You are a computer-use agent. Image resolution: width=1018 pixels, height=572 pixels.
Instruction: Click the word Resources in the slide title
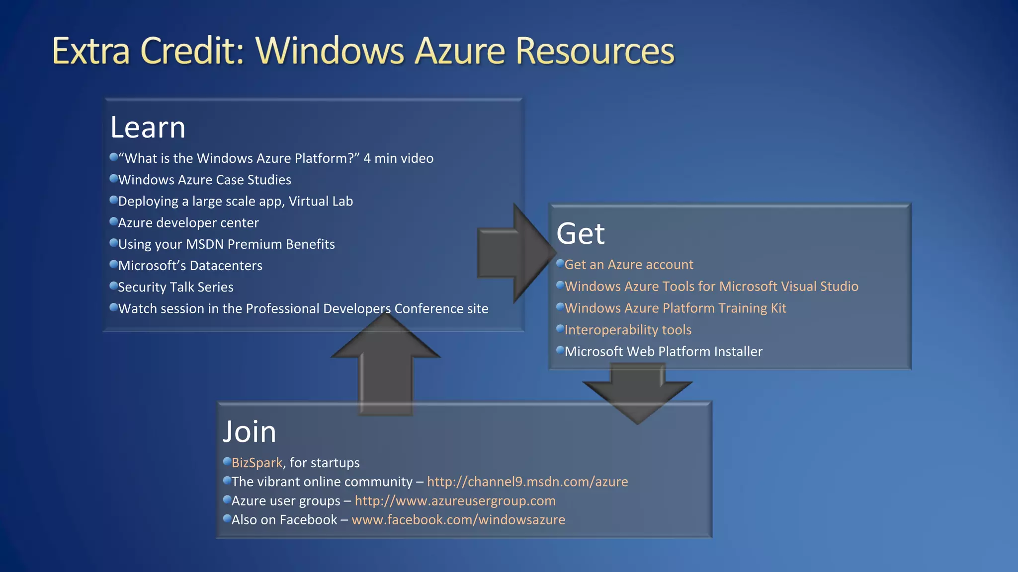pos(594,51)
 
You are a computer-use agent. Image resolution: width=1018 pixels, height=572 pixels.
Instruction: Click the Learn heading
pos(148,128)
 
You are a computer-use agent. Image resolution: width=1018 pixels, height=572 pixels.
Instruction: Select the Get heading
pos(580,234)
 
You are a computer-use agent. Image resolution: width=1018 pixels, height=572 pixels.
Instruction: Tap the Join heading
pos(249,431)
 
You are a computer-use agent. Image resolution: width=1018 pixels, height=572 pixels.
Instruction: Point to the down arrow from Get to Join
pos(637,392)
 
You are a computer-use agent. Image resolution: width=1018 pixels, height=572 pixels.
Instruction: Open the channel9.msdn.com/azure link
pos(527,482)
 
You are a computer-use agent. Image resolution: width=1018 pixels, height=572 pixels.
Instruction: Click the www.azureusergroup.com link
pos(455,500)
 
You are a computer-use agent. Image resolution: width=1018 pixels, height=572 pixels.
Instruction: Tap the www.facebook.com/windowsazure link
pos(458,520)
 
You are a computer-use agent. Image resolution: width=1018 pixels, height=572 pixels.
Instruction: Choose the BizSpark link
pos(256,463)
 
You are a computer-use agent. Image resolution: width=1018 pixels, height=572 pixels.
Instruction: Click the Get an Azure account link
pos(628,265)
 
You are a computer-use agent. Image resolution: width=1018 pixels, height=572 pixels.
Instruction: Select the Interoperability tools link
pos(627,330)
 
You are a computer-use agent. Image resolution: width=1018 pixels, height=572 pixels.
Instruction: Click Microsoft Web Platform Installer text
pos(663,352)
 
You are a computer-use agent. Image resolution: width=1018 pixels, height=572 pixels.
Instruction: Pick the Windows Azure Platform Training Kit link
pos(675,308)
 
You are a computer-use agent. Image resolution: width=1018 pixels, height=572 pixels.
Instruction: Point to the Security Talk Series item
pos(175,287)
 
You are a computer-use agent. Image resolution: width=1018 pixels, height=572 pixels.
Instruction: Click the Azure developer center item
pos(188,223)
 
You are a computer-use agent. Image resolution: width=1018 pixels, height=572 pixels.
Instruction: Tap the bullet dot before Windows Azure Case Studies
pos(113,178)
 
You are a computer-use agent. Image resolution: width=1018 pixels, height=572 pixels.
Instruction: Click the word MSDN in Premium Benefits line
pos(204,244)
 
